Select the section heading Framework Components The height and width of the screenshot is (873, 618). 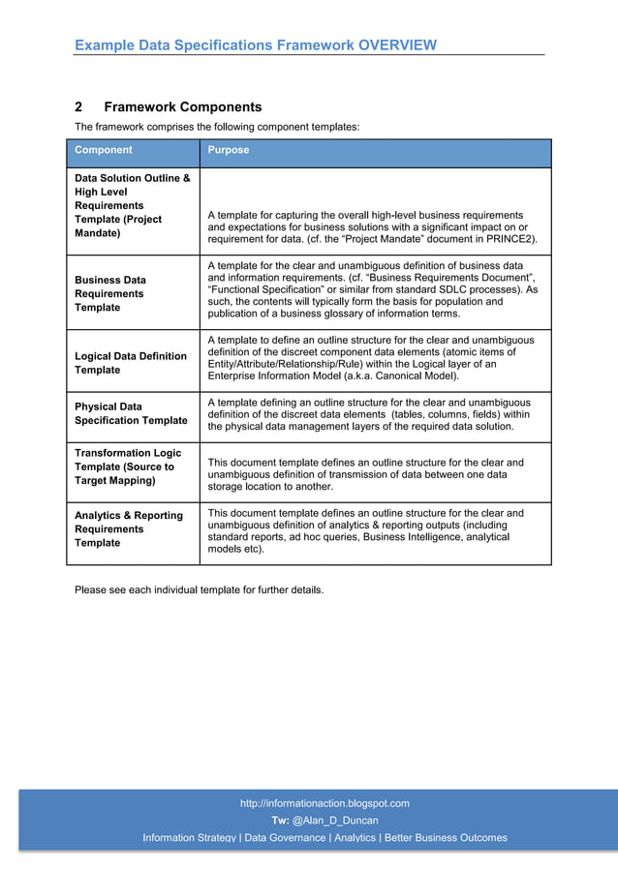pyautogui.click(x=182, y=107)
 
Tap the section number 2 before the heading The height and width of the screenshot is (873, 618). pyautogui.click(x=79, y=107)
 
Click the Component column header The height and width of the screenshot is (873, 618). pyautogui.click(x=104, y=150)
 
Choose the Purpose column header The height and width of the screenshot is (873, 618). pyautogui.click(x=229, y=150)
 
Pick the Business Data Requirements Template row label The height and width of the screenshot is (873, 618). pyautogui.click(x=110, y=293)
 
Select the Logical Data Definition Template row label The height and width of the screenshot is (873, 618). pyautogui.click(x=131, y=363)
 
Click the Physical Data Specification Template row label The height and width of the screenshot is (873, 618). pyautogui.click(x=131, y=413)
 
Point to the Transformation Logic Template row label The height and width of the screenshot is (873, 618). pyautogui.click(x=128, y=467)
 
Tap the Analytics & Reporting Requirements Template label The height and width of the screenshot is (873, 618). pyautogui.click(x=128, y=529)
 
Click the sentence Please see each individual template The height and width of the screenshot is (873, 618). pyautogui.click(x=199, y=589)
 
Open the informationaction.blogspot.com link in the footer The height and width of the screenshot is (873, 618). pyautogui.click(x=324, y=803)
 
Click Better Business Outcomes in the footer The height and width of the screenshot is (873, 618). pyautogui.click(x=446, y=838)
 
